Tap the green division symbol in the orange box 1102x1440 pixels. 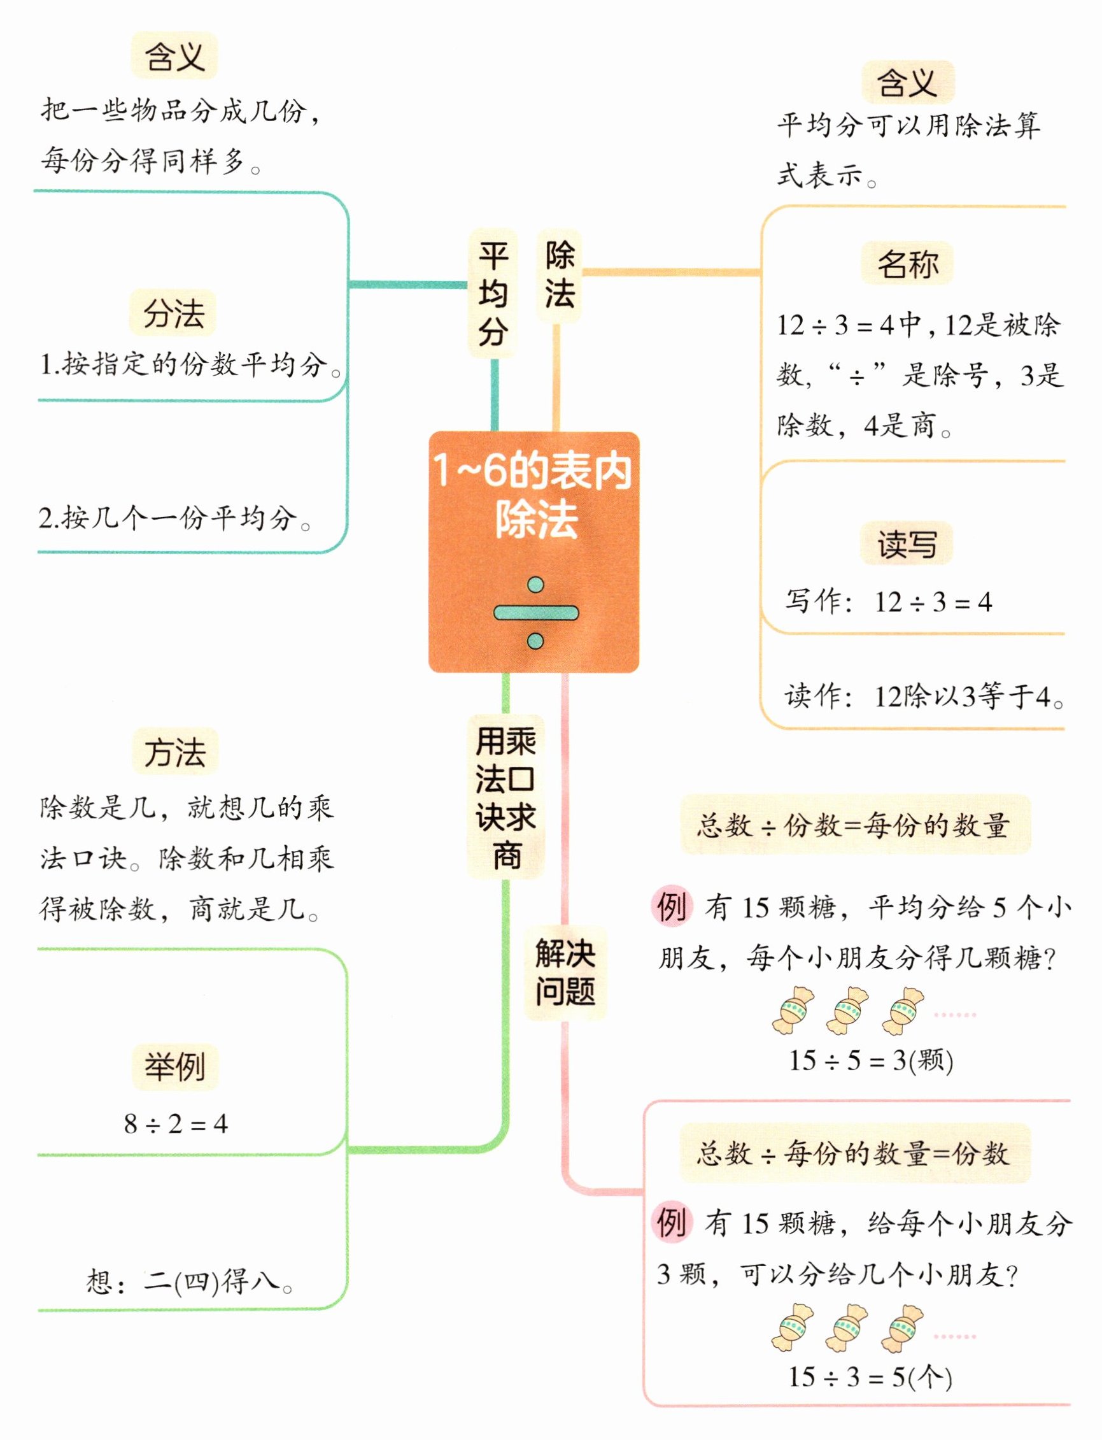[535, 613]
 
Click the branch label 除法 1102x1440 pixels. [560, 274]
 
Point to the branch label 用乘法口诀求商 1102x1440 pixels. [505, 797]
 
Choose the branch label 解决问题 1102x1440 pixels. [565, 973]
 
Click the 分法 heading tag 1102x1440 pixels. [174, 313]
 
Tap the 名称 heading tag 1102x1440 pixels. [907, 264]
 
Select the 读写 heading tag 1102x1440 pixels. [907, 544]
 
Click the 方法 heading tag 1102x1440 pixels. [174, 752]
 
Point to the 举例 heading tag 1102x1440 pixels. [174, 1067]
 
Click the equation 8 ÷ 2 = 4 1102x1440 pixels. [176, 1125]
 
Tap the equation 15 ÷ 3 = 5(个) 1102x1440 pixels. [870, 1377]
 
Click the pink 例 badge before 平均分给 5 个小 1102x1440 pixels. [672, 908]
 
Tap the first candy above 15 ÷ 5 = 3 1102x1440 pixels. [793, 1011]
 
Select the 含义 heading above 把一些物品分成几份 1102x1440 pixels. [174, 57]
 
